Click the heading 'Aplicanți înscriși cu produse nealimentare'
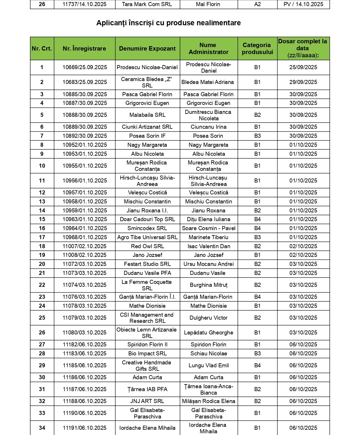(168, 23)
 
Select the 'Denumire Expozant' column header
(147, 49)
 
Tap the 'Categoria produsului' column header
(257, 49)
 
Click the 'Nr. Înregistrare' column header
(84, 49)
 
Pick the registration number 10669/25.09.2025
(85, 67)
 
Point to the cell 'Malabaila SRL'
(147, 115)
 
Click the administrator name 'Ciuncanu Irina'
(208, 127)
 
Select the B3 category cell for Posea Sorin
(257, 136)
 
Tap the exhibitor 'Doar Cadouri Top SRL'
(147, 219)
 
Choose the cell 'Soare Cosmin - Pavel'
(208, 228)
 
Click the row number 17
(42, 237)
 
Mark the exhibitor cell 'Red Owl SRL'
(147, 246)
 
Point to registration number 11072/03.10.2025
(85, 264)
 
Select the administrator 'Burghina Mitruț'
(208, 285)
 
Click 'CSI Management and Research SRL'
(147, 318)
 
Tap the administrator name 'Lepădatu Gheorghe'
(208, 333)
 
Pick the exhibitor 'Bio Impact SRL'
(147, 354)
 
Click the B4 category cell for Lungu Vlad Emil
(257, 366)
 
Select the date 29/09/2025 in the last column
(303, 82)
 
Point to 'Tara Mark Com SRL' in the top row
(147, 4)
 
